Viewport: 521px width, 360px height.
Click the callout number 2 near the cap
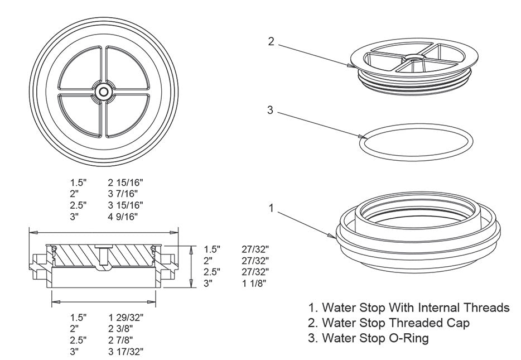click(x=271, y=42)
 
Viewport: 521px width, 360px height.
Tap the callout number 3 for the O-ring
click(x=270, y=110)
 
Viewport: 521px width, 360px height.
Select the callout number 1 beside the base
click(x=271, y=208)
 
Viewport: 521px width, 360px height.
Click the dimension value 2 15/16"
click(x=127, y=183)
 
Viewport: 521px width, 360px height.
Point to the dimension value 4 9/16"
click(x=123, y=216)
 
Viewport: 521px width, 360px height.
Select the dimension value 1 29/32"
click(x=127, y=317)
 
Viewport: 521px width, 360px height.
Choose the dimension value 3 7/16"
click(x=123, y=194)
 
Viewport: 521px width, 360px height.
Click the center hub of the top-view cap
click(x=103, y=91)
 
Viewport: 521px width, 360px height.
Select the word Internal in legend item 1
click(x=439, y=308)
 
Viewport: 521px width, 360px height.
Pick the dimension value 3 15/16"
click(x=127, y=205)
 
